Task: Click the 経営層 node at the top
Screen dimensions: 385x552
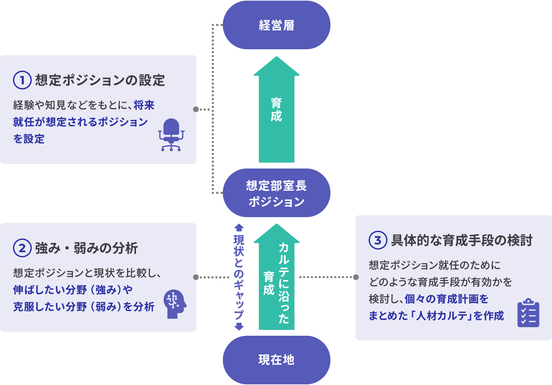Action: [276, 25]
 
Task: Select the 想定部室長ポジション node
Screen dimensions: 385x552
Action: [276, 193]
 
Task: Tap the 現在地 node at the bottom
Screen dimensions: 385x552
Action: [276, 360]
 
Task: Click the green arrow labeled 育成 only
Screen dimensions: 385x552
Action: [276, 110]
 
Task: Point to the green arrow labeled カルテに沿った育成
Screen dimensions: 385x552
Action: [276, 279]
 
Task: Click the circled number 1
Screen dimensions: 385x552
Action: [22, 80]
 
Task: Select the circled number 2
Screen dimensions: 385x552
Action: [22, 248]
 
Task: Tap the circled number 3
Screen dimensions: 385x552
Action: [378, 240]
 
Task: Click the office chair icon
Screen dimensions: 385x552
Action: [171, 135]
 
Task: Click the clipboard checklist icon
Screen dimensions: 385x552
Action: [528, 313]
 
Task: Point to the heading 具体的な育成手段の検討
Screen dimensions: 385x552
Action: [462, 240]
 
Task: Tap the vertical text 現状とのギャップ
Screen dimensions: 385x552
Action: [239, 277]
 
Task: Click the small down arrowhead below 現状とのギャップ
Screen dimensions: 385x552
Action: [239, 326]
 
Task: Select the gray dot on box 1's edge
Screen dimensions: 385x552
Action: [196, 109]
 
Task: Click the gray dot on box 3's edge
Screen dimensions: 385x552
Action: [356, 277]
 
